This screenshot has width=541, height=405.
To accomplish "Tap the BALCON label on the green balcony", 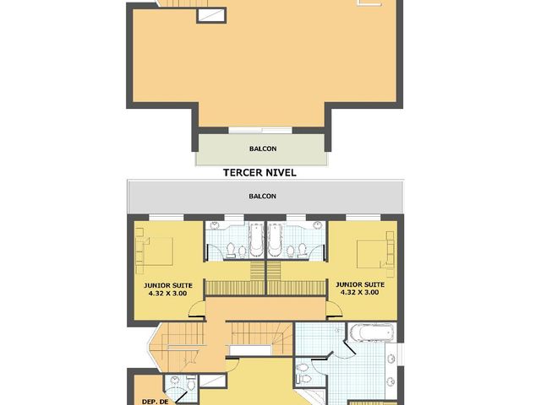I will (260, 149).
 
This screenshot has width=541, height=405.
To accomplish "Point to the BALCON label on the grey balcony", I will (262, 196).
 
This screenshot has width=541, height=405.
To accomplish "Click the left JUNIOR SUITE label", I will (168, 285).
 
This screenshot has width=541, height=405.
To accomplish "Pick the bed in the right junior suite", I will (375, 251).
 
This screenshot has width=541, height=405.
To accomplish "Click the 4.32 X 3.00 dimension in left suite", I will (168, 293).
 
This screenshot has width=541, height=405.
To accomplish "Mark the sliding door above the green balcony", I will (261, 131).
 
